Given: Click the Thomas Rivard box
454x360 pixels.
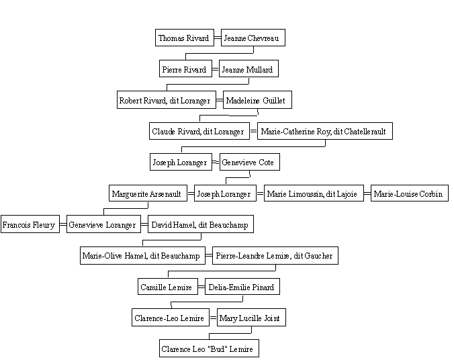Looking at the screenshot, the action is (185, 38).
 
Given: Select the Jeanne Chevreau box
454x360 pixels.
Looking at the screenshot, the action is (253, 38).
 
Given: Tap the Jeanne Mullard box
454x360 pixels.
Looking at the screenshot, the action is (248, 69).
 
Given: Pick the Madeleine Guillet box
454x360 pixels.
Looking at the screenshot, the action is (257, 100).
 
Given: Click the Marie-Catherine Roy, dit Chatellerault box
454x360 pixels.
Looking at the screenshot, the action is (325, 131).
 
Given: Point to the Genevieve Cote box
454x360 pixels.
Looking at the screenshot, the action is (250, 162).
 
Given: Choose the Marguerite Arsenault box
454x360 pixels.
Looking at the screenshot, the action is (148, 193).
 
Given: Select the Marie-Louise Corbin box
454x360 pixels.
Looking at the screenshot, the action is (410, 193).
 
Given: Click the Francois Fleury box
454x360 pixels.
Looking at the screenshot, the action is (30, 224).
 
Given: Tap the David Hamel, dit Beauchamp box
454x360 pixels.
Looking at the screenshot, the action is (201, 224).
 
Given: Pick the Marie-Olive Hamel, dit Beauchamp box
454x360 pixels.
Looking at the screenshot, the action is (142, 255).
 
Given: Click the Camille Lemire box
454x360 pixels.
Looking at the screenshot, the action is (168, 286).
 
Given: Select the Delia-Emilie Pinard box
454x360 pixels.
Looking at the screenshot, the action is (242, 286).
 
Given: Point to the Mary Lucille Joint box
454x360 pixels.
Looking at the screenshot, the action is (251, 318).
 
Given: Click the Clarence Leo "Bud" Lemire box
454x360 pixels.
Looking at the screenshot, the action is (209, 349).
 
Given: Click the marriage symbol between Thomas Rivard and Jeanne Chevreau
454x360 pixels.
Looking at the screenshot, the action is (218, 38).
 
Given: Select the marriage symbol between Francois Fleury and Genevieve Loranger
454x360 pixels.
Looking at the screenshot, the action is (63, 224).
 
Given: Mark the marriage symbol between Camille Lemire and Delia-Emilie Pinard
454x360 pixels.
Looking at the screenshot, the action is (201, 287).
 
